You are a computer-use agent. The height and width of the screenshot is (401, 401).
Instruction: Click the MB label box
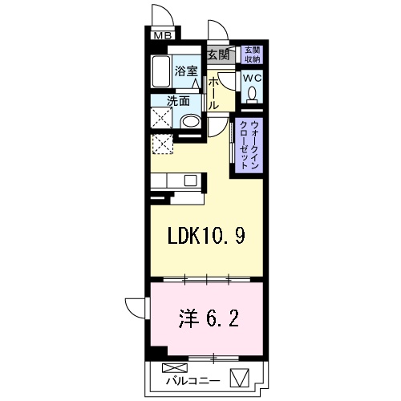[x=162, y=34]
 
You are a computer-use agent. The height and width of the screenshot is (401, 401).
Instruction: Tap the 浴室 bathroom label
[x=187, y=71]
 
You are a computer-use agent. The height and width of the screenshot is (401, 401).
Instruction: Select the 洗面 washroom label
[x=178, y=102]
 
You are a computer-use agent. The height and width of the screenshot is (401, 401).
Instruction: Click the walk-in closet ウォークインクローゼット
[x=250, y=145]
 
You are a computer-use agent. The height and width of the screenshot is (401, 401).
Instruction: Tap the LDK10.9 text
[x=205, y=237]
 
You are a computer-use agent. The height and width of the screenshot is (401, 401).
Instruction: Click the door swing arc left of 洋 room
[x=133, y=309]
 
